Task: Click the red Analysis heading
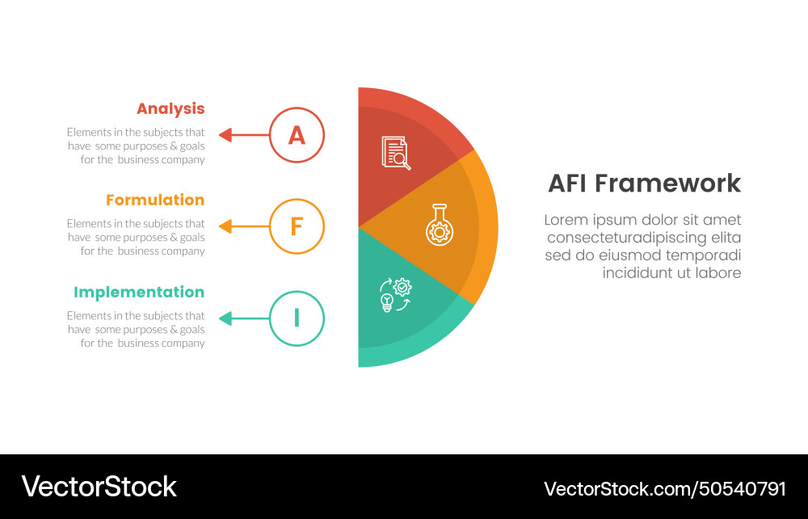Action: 170,108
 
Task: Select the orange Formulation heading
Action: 155,200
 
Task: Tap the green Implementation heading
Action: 139,292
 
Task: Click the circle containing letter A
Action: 297,135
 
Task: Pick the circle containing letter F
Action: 297,226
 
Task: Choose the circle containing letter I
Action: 297,319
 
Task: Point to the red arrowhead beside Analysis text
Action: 226,135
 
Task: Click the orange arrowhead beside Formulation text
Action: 226,226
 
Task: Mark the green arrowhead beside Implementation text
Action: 226,319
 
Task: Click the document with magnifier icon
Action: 396,153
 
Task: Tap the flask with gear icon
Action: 440,224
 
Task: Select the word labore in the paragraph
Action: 715,273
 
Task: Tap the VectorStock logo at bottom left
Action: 99,487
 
